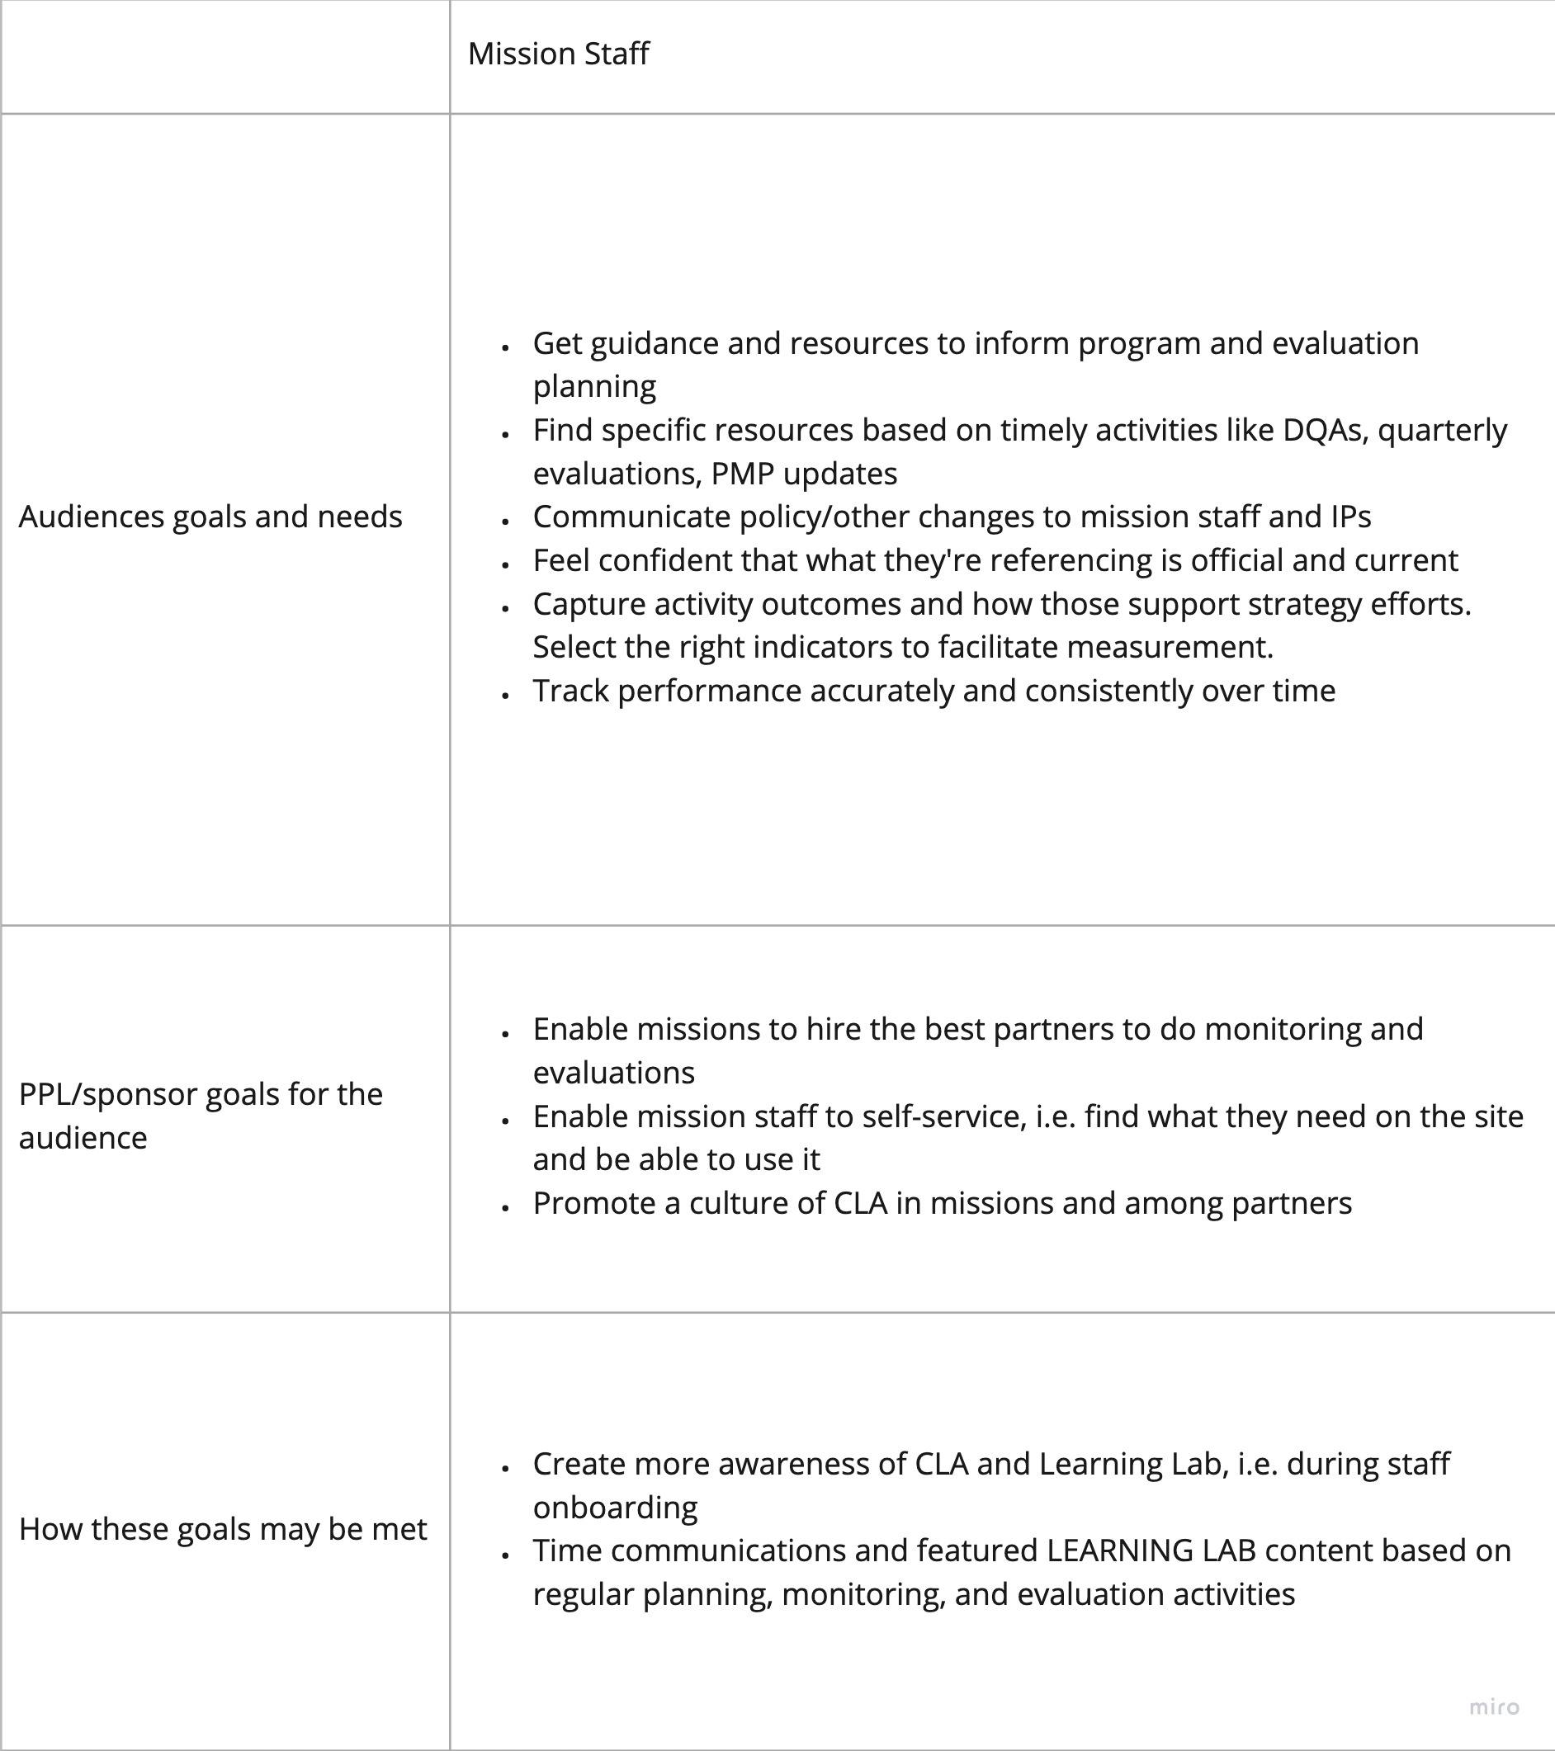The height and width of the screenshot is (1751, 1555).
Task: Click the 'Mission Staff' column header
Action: tap(558, 54)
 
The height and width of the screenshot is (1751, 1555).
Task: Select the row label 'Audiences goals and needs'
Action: tap(210, 517)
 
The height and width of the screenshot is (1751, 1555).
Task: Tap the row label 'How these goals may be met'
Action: tap(222, 1529)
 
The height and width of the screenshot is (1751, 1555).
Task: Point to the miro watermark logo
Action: tap(1494, 1707)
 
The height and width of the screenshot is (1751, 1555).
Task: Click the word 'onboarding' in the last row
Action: tap(615, 1508)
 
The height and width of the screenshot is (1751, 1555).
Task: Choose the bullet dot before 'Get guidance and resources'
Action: tap(505, 347)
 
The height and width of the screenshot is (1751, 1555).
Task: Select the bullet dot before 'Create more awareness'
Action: tap(505, 1467)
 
